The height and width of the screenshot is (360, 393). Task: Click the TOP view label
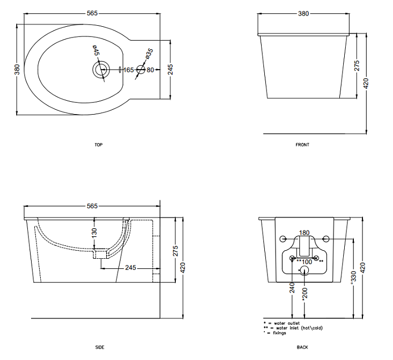coord(99,145)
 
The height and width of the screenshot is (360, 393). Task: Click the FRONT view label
coord(302,145)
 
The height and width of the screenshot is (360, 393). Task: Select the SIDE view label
coord(100,347)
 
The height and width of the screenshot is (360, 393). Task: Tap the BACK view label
coord(302,347)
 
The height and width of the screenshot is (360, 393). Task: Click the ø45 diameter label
coord(97,50)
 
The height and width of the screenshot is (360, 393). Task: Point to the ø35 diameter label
coord(149,54)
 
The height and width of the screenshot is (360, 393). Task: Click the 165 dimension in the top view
coord(129,70)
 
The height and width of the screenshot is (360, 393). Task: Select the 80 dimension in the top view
coord(150,70)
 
